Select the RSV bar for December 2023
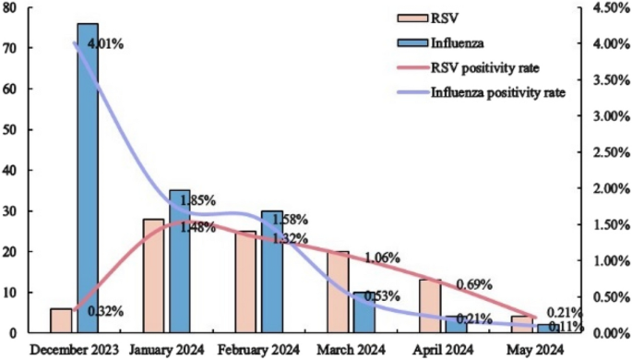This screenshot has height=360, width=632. pyautogui.click(x=61, y=320)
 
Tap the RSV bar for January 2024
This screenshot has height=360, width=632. pyautogui.click(x=153, y=275)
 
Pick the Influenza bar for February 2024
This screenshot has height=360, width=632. pyautogui.click(x=272, y=271)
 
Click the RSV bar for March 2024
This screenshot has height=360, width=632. pyautogui.click(x=338, y=292)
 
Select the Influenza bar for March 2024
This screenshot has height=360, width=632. pyautogui.click(x=364, y=312)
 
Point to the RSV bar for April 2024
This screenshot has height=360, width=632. pyautogui.click(x=430, y=306)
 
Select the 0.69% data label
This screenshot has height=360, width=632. pyautogui.click(x=474, y=284)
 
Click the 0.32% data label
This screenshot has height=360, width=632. pyautogui.click(x=106, y=311)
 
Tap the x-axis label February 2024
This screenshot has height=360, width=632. pyautogui.click(x=260, y=350)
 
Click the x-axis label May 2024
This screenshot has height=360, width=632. pyautogui.click(x=535, y=350)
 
